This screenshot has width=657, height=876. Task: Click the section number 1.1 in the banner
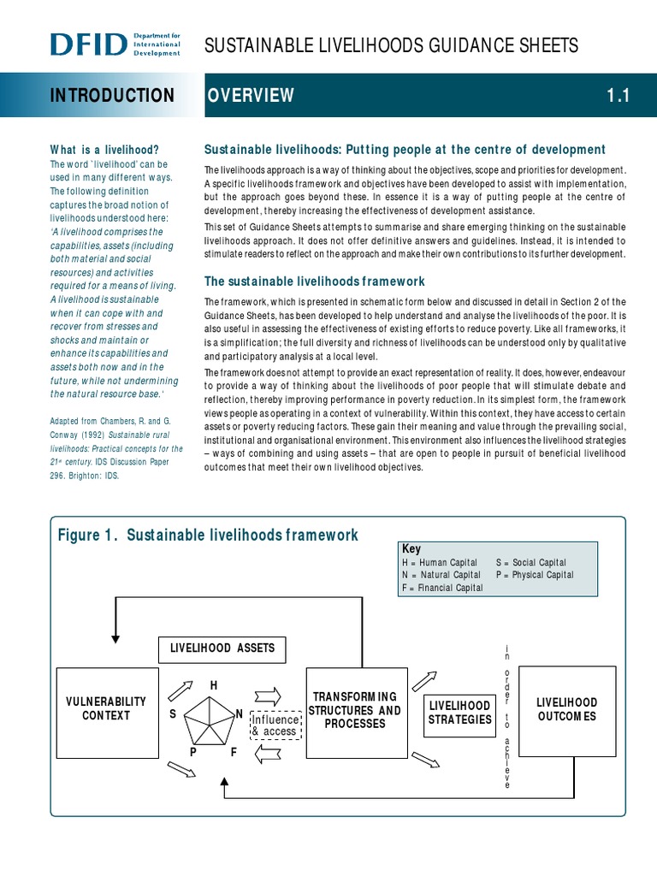[x=618, y=96]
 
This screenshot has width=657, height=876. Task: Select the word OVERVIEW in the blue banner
[x=251, y=96]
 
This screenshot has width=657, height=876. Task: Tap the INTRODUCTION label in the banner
[x=111, y=96]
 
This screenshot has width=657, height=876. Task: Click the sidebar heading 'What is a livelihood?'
[x=104, y=149]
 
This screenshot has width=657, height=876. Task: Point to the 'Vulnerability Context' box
[x=106, y=708]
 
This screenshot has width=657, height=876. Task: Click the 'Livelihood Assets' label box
[x=222, y=648]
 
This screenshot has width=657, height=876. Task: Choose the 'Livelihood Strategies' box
[x=460, y=713]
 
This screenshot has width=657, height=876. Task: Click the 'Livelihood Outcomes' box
[x=566, y=709]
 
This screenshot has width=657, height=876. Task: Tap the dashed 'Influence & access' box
[x=274, y=725]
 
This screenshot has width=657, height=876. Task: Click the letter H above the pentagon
[x=214, y=686]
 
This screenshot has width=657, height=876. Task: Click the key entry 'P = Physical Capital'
[x=535, y=575]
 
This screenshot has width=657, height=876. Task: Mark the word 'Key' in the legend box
[x=411, y=549]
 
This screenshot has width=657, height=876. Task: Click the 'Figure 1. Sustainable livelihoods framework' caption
[x=208, y=536]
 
